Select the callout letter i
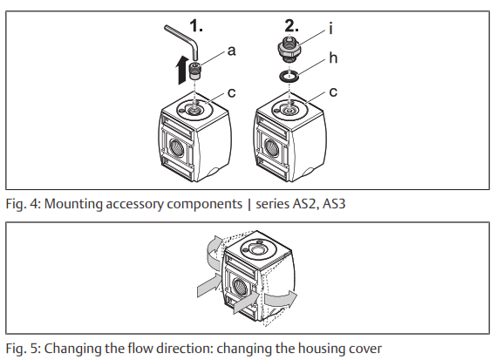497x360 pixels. tap(330, 28)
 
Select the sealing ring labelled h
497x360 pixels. tap(290, 78)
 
